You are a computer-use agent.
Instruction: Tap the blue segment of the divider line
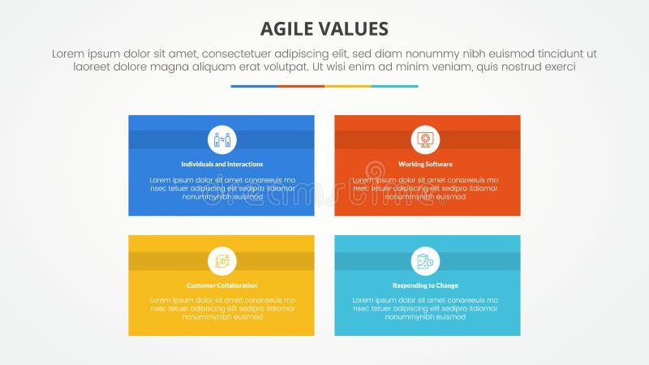click(254, 86)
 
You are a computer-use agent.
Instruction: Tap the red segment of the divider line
click(301, 86)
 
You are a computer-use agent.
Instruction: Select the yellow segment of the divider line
click(348, 86)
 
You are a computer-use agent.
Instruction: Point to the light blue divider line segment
click(395, 86)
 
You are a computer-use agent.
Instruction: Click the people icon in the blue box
click(221, 140)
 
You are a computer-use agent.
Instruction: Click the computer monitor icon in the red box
click(425, 140)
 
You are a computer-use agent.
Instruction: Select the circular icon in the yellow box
click(221, 260)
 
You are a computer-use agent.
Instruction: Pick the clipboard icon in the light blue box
click(425, 260)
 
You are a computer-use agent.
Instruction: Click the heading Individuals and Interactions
click(221, 164)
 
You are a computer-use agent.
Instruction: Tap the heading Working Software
click(425, 164)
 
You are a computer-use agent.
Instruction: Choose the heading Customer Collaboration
click(221, 286)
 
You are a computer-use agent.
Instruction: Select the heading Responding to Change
click(425, 286)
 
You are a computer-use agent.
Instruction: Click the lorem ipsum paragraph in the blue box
click(221, 187)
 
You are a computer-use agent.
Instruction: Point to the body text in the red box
click(427, 187)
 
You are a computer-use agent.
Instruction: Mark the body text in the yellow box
click(221, 309)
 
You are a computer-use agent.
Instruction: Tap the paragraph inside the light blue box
click(427, 309)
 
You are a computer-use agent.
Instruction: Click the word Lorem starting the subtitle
click(68, 54)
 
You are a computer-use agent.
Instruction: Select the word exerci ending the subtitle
click(558, 67)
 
